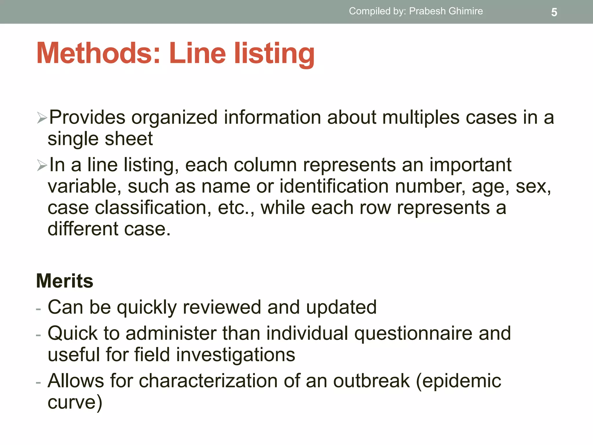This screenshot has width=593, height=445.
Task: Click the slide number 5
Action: tap(554, 12)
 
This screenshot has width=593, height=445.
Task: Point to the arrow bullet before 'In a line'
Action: tap(42, 165)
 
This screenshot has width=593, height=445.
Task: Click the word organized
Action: tap(174, 118)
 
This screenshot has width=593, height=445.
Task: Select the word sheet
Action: tap(129, 139)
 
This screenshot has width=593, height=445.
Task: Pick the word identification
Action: tap(334, 186)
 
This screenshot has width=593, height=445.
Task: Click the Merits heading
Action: tap(65, 281)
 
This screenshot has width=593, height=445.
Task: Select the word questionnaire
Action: tap(414, 333)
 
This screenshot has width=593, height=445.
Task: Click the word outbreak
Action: tap(371, 381)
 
